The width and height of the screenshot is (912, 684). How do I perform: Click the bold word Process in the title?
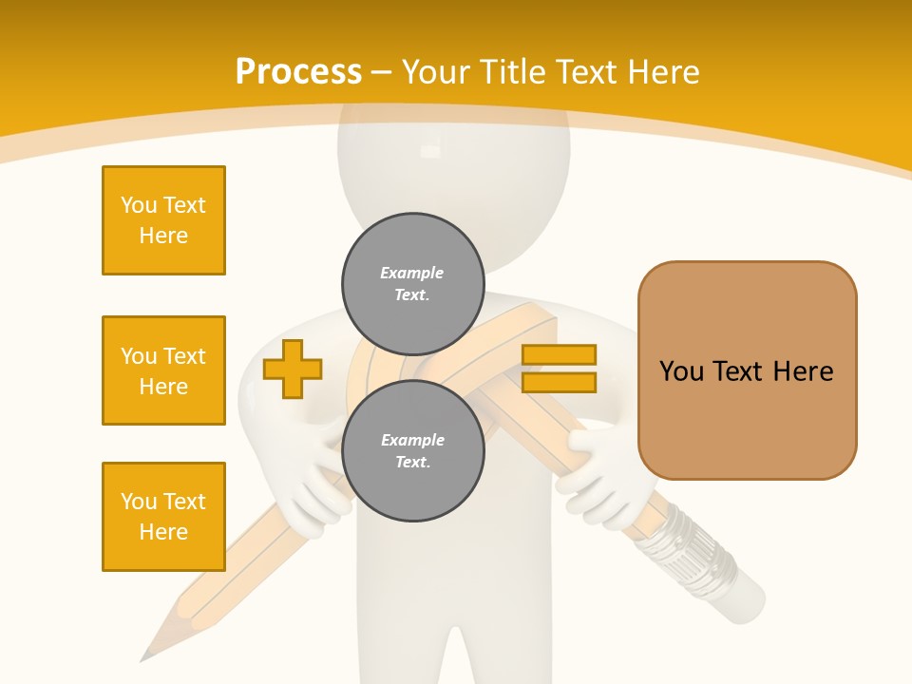click(x=298, y=72)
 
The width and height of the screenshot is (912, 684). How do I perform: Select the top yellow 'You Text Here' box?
click(x=163, y=220)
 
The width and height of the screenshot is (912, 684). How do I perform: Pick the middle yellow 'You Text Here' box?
click(x=163, y=370)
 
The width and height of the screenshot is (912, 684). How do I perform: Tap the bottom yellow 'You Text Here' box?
click(x=163, y=517)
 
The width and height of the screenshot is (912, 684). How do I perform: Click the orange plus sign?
click(x=293, y=369)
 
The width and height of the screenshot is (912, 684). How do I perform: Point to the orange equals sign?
click(x=559, y=369)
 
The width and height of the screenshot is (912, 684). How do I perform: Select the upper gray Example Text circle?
click(x=413, y=284)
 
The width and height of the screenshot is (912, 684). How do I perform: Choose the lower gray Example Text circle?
click(x=413, y=451)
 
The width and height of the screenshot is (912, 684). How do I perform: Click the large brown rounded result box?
click(x=747, y=370)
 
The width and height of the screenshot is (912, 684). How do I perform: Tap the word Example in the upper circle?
click(x=411, y=273)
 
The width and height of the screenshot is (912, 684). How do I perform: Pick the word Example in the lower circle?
click(x=412, y=440)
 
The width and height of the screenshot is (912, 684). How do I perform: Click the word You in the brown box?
click(x=681, y=371)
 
